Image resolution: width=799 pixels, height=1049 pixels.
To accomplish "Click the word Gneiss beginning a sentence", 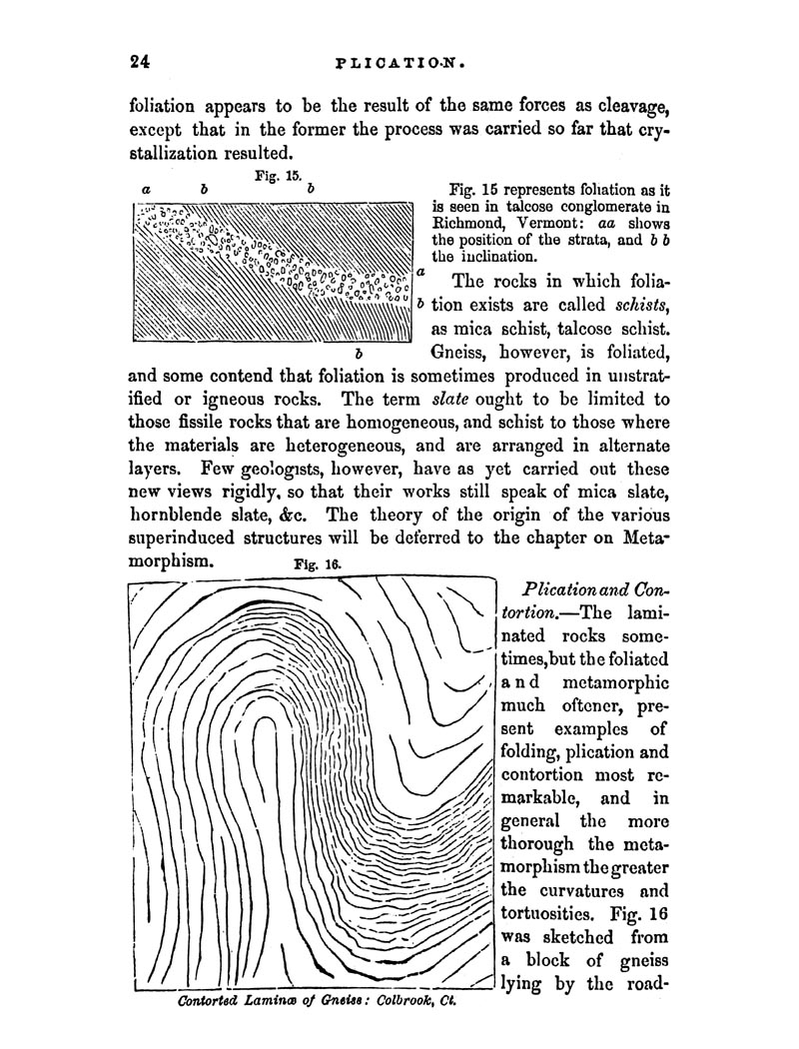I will click(457, 352).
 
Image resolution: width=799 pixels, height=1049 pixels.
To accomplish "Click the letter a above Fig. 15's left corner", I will click(147, 188).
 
